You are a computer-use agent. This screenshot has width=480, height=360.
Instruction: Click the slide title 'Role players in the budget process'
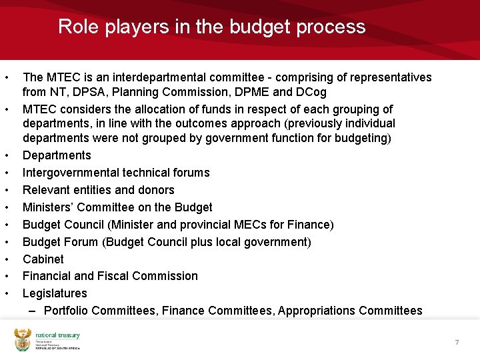coord(211,27)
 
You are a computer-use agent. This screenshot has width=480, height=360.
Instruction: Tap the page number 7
coord(457,342)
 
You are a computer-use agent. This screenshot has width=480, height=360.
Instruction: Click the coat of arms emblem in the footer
coord(23,339)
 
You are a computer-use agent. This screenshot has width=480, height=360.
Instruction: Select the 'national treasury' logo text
coord(58,335)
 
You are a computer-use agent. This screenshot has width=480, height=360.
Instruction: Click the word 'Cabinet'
coord(43,259)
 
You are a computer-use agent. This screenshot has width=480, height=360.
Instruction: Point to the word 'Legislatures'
coord(55,293)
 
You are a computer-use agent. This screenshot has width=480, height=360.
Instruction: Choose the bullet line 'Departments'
coord(57,155)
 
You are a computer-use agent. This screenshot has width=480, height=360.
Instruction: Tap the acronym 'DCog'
coord(309,92)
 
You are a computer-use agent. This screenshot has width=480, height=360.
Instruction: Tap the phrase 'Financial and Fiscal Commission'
coord(110,276)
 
